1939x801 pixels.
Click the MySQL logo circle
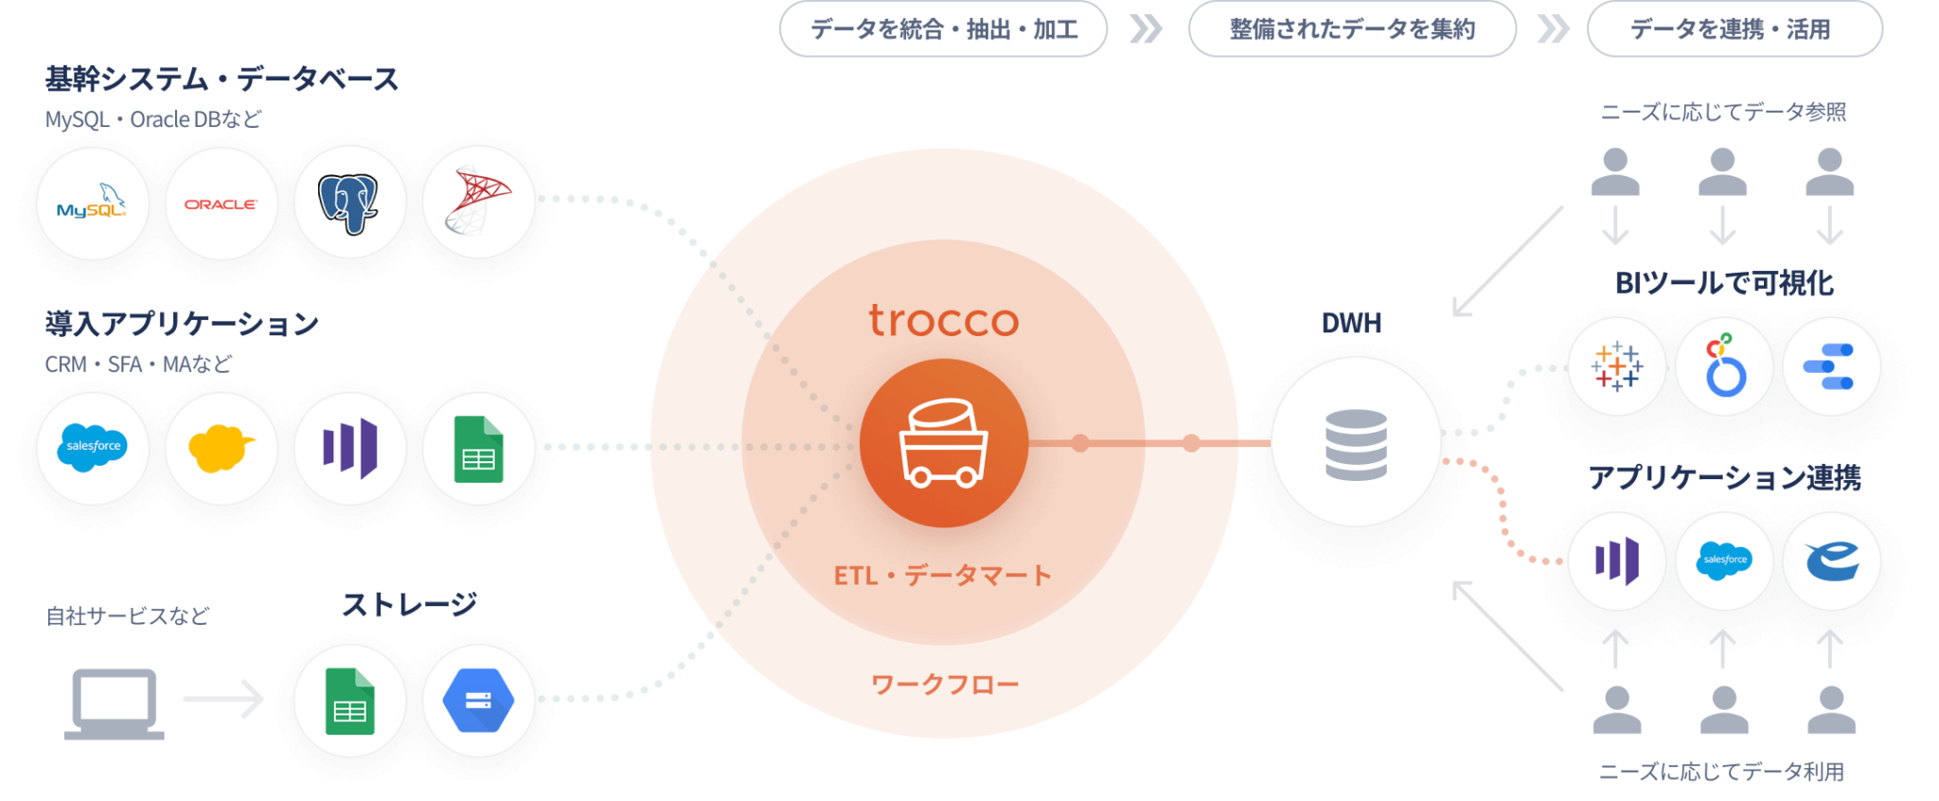click(92, 204)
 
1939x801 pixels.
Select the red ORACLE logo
click(221, 204)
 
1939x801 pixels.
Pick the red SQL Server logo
click(478, 202)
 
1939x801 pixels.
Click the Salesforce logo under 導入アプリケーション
click(92, 447)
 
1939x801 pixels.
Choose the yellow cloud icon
click(221, 448)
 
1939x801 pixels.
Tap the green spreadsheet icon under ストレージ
click(349, 701)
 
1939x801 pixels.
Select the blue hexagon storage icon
click(478, 701)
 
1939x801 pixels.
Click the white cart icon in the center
click(943, 445)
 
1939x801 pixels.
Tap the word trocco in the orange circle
click(944, 321)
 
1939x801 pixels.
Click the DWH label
click(1351, 323)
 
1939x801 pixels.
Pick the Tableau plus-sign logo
click(1617, 366)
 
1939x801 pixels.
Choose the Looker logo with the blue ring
click(1724, 366)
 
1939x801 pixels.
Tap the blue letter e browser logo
click(1831, 561)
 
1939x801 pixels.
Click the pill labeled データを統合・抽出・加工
click(943, 29)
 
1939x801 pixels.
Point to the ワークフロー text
click(944, 684)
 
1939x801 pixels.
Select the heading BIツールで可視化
click(1724, 282)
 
